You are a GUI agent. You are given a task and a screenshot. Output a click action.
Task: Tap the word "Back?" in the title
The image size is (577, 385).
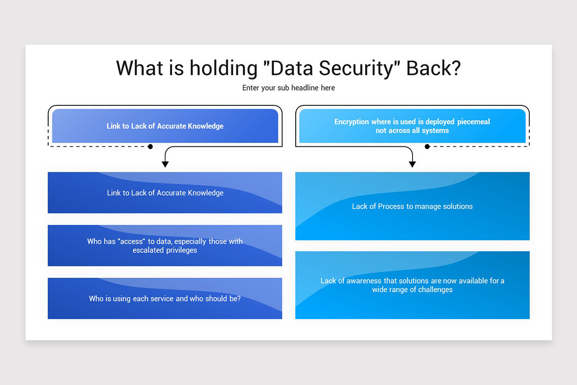[433, 68]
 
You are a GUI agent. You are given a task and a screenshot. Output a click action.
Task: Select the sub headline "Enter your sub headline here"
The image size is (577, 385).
[288, 88]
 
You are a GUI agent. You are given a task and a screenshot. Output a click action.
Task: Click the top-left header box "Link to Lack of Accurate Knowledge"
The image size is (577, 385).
[165, 126]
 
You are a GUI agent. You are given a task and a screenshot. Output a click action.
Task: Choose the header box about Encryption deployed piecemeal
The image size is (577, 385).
[412, 126]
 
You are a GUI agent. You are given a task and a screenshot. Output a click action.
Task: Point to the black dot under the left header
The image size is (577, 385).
[151, 146]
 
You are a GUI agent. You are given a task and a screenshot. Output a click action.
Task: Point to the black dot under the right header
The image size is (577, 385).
[427, 146]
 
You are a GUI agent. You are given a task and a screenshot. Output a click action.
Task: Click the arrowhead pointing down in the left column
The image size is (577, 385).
[165, 164]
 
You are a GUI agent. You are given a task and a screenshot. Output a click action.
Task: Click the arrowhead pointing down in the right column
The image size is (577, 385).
[412, 164]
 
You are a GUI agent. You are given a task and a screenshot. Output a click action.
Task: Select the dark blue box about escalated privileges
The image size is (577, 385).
[165, 245]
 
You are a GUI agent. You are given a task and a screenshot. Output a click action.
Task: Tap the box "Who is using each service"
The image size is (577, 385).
[165, 298]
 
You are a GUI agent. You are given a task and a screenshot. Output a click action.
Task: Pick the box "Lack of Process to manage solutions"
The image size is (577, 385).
[412, 206]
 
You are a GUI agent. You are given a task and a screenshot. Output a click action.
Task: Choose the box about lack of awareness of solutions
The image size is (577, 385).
[412, 285]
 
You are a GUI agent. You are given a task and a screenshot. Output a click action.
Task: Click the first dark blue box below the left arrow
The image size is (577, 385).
[165, 192]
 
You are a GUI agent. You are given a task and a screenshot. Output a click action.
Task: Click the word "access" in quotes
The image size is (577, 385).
[131, 242]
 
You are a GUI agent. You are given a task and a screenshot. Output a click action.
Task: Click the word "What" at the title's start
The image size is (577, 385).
[136, 68]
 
